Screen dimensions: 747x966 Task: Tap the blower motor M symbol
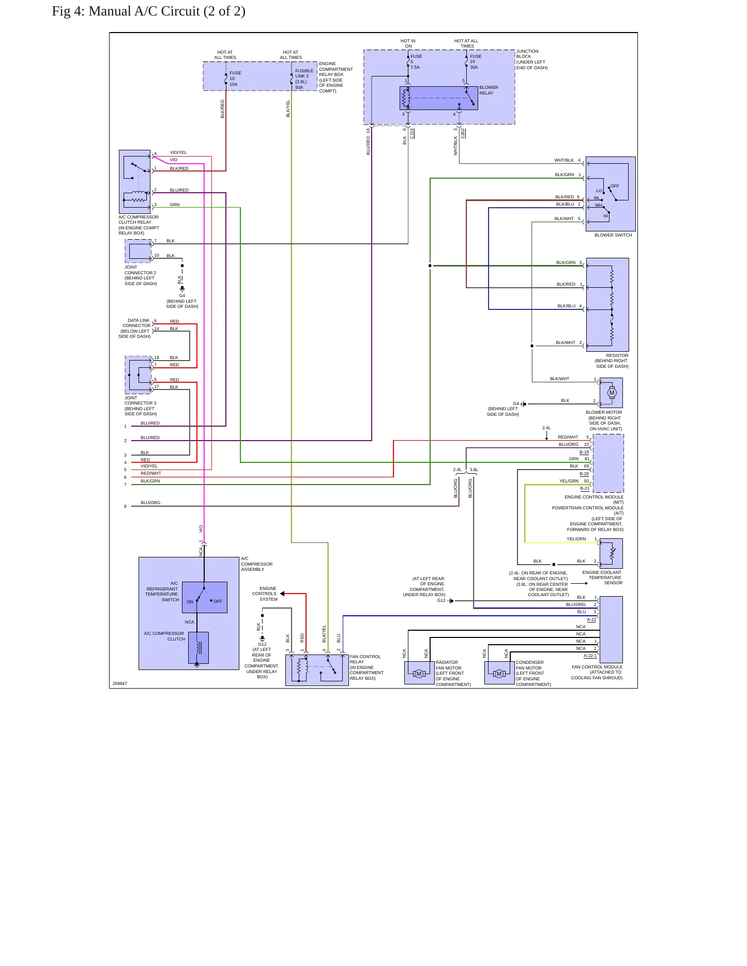point(612,393)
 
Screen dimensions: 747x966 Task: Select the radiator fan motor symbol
point(419,674)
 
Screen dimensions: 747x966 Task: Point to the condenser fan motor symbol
point(499,674)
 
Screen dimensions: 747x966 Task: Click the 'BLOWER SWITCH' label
point(613,235)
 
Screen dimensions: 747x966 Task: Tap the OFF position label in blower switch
point(615,186)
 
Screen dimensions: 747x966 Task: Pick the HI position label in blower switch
point(605,216)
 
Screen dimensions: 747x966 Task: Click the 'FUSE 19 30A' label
point(475,61)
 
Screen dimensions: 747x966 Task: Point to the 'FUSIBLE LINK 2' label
point(304,73)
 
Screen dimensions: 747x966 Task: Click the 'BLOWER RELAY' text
point(489,90)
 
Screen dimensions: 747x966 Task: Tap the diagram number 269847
point(120,683)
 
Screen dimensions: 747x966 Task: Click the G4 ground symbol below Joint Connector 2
point(182,289)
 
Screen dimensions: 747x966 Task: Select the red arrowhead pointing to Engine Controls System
point(282,594)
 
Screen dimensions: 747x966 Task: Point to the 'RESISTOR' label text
point(617,355)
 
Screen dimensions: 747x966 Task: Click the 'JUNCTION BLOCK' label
point(527,54)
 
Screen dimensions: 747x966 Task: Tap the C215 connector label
point(412,133)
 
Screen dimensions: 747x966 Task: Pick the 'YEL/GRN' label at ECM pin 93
point(569,481)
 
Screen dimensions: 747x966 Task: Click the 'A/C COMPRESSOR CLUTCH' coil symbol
point(199,647)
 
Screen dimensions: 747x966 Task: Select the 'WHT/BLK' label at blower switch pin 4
point(564,160)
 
